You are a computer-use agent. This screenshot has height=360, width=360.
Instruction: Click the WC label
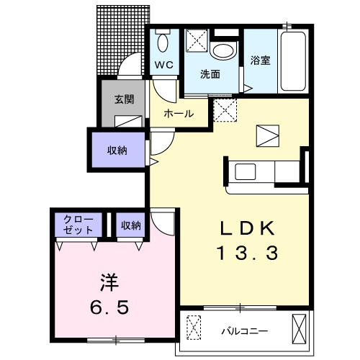163,66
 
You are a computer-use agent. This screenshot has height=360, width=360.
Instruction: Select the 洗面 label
210,73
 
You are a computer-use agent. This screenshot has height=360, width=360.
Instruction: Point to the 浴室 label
261,60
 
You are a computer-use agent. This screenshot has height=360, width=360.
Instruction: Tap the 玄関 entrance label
124,100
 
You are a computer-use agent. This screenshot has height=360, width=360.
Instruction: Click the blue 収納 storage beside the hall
118,150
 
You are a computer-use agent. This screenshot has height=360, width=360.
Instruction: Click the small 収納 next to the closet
131,225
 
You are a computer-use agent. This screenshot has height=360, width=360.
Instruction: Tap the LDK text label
247,228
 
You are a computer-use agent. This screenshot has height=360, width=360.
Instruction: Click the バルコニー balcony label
244,331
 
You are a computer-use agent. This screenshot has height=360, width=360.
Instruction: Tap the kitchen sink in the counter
245,172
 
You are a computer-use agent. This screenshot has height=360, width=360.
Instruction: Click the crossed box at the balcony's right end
299,330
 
